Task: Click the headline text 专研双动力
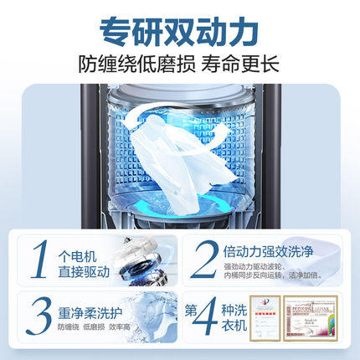point(179,33)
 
